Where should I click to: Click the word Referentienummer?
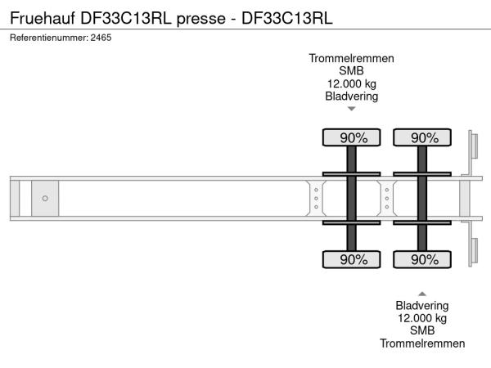pos(48,38)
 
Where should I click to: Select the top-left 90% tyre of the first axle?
pos(351,138)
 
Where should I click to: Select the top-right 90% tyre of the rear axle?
pos(422,138)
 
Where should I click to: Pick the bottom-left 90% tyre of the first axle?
pos(351,260)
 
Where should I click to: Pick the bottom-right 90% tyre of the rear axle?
pos(422,260)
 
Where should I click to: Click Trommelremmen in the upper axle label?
pos(351,58)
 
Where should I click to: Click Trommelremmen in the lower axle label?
pos(422,343)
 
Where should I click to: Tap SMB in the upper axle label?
pos(351,70)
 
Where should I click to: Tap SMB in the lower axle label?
pos(422,330)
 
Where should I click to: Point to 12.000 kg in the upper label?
pos(351,83)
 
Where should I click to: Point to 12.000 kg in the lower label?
pos(422,318)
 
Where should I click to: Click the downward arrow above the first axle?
pos(351,109)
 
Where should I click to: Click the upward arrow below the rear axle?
pos(422,293)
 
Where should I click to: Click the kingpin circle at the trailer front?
pos(45,199)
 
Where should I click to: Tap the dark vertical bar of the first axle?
pos(351,199)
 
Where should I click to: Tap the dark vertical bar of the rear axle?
pos(422,199)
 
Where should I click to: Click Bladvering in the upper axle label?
pos(351,96)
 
